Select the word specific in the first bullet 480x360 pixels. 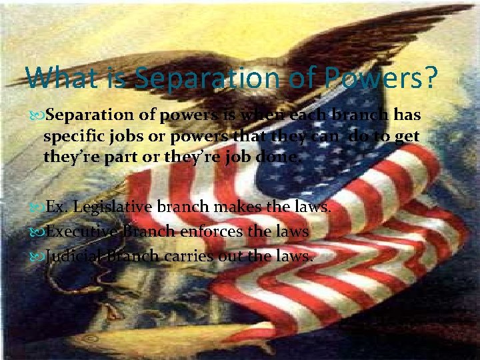(71, 137)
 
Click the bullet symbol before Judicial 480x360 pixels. (40, 256)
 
